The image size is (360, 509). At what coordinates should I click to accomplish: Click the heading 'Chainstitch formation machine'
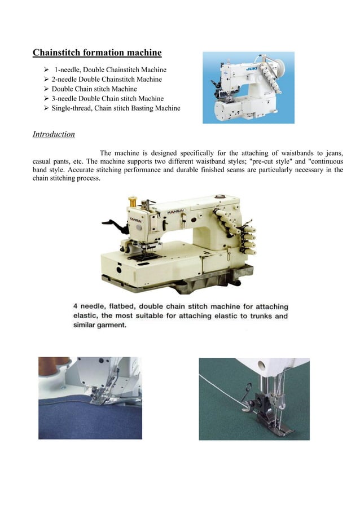click(97, 53)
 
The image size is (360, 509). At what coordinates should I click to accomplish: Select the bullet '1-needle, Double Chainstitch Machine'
click(110, 70)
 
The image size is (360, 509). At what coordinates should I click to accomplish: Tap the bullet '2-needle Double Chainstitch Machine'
click(107, 80)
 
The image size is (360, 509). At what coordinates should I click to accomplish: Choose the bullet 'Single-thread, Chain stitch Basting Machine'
click(116, 108)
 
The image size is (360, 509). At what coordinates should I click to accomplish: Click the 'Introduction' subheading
click(54, 134)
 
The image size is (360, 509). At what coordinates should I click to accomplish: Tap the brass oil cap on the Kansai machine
click(134, 201)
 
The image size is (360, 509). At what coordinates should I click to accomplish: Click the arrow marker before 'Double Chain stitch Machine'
click(46, 89)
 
